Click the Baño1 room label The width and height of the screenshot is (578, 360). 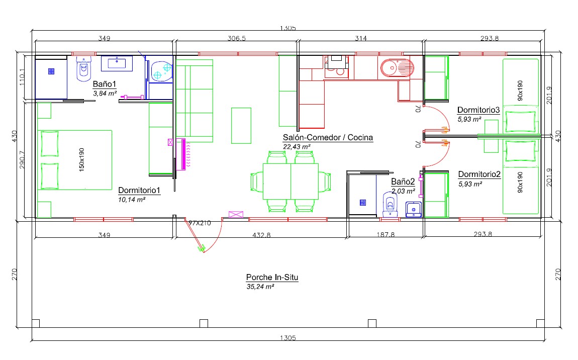(105, 84)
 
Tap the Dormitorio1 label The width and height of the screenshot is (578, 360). (139, 191)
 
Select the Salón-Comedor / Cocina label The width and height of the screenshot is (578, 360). (328, 138)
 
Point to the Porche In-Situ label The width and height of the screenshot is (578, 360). (272, 278)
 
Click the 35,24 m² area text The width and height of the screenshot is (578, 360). (260, 287)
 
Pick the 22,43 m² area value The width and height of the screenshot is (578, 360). (297, 147)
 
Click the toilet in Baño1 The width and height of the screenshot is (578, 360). (83, 69)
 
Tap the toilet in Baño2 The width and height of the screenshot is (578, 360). (390, 204)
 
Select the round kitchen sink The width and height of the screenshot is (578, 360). (397, 68)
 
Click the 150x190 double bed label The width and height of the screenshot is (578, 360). (81, 160)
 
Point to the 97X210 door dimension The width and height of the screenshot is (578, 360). (200, 223)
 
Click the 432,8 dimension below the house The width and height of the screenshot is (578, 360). (261, 235)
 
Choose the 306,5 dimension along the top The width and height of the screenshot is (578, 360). (237, 38)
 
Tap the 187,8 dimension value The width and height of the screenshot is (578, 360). (386, 235)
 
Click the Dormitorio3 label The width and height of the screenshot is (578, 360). (478, 110)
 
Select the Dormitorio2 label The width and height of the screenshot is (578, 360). (479, 174)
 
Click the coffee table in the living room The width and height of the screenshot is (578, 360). (241, 125)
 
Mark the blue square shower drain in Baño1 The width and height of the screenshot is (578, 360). (51, 71)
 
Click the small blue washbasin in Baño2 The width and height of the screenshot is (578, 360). (414, 210)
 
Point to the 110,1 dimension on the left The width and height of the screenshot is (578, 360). (22, 77)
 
